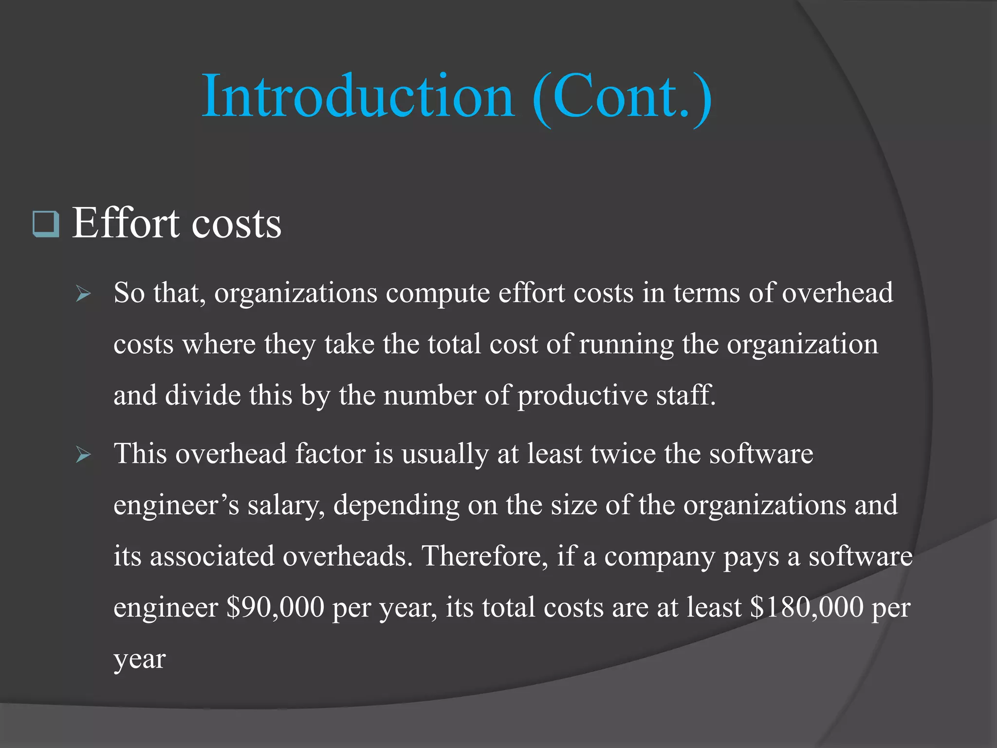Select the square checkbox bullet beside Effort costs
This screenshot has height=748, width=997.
coord(46,224)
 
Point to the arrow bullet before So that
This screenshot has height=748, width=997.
coord(83,294)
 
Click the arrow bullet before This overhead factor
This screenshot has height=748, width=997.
coord(83,455)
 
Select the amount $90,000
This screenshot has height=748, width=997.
coord(275,607)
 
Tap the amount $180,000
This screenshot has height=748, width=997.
coord(807,607)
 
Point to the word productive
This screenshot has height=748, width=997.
coord(582,396)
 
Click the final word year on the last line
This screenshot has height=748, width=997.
coord(139,660)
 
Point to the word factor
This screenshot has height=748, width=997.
coord(330,454)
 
